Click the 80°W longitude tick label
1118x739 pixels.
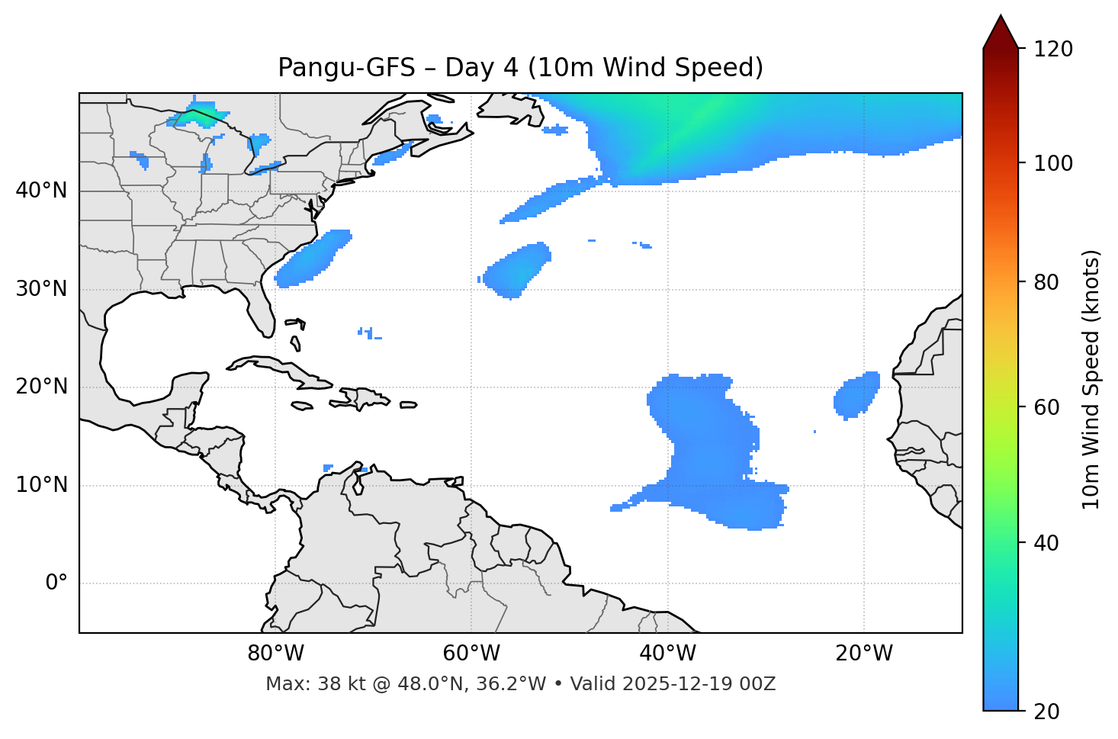(275, 654)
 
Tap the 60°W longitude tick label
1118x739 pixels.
(471, 654)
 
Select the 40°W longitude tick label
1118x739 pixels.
(667, 654)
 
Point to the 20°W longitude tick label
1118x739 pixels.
(863, 654)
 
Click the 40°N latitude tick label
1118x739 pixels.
(41, 191)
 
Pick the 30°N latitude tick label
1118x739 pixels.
(41, 289)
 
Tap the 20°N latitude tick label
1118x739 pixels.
(41, 387)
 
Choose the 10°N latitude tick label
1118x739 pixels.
(41, 485)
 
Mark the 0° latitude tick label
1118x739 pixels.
(56, 583)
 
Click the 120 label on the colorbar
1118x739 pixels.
(1053, 50)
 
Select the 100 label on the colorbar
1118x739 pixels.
(1053, 163)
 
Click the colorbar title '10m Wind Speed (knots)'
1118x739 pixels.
(1091, 380)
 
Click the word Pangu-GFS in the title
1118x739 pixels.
(346, 68)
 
